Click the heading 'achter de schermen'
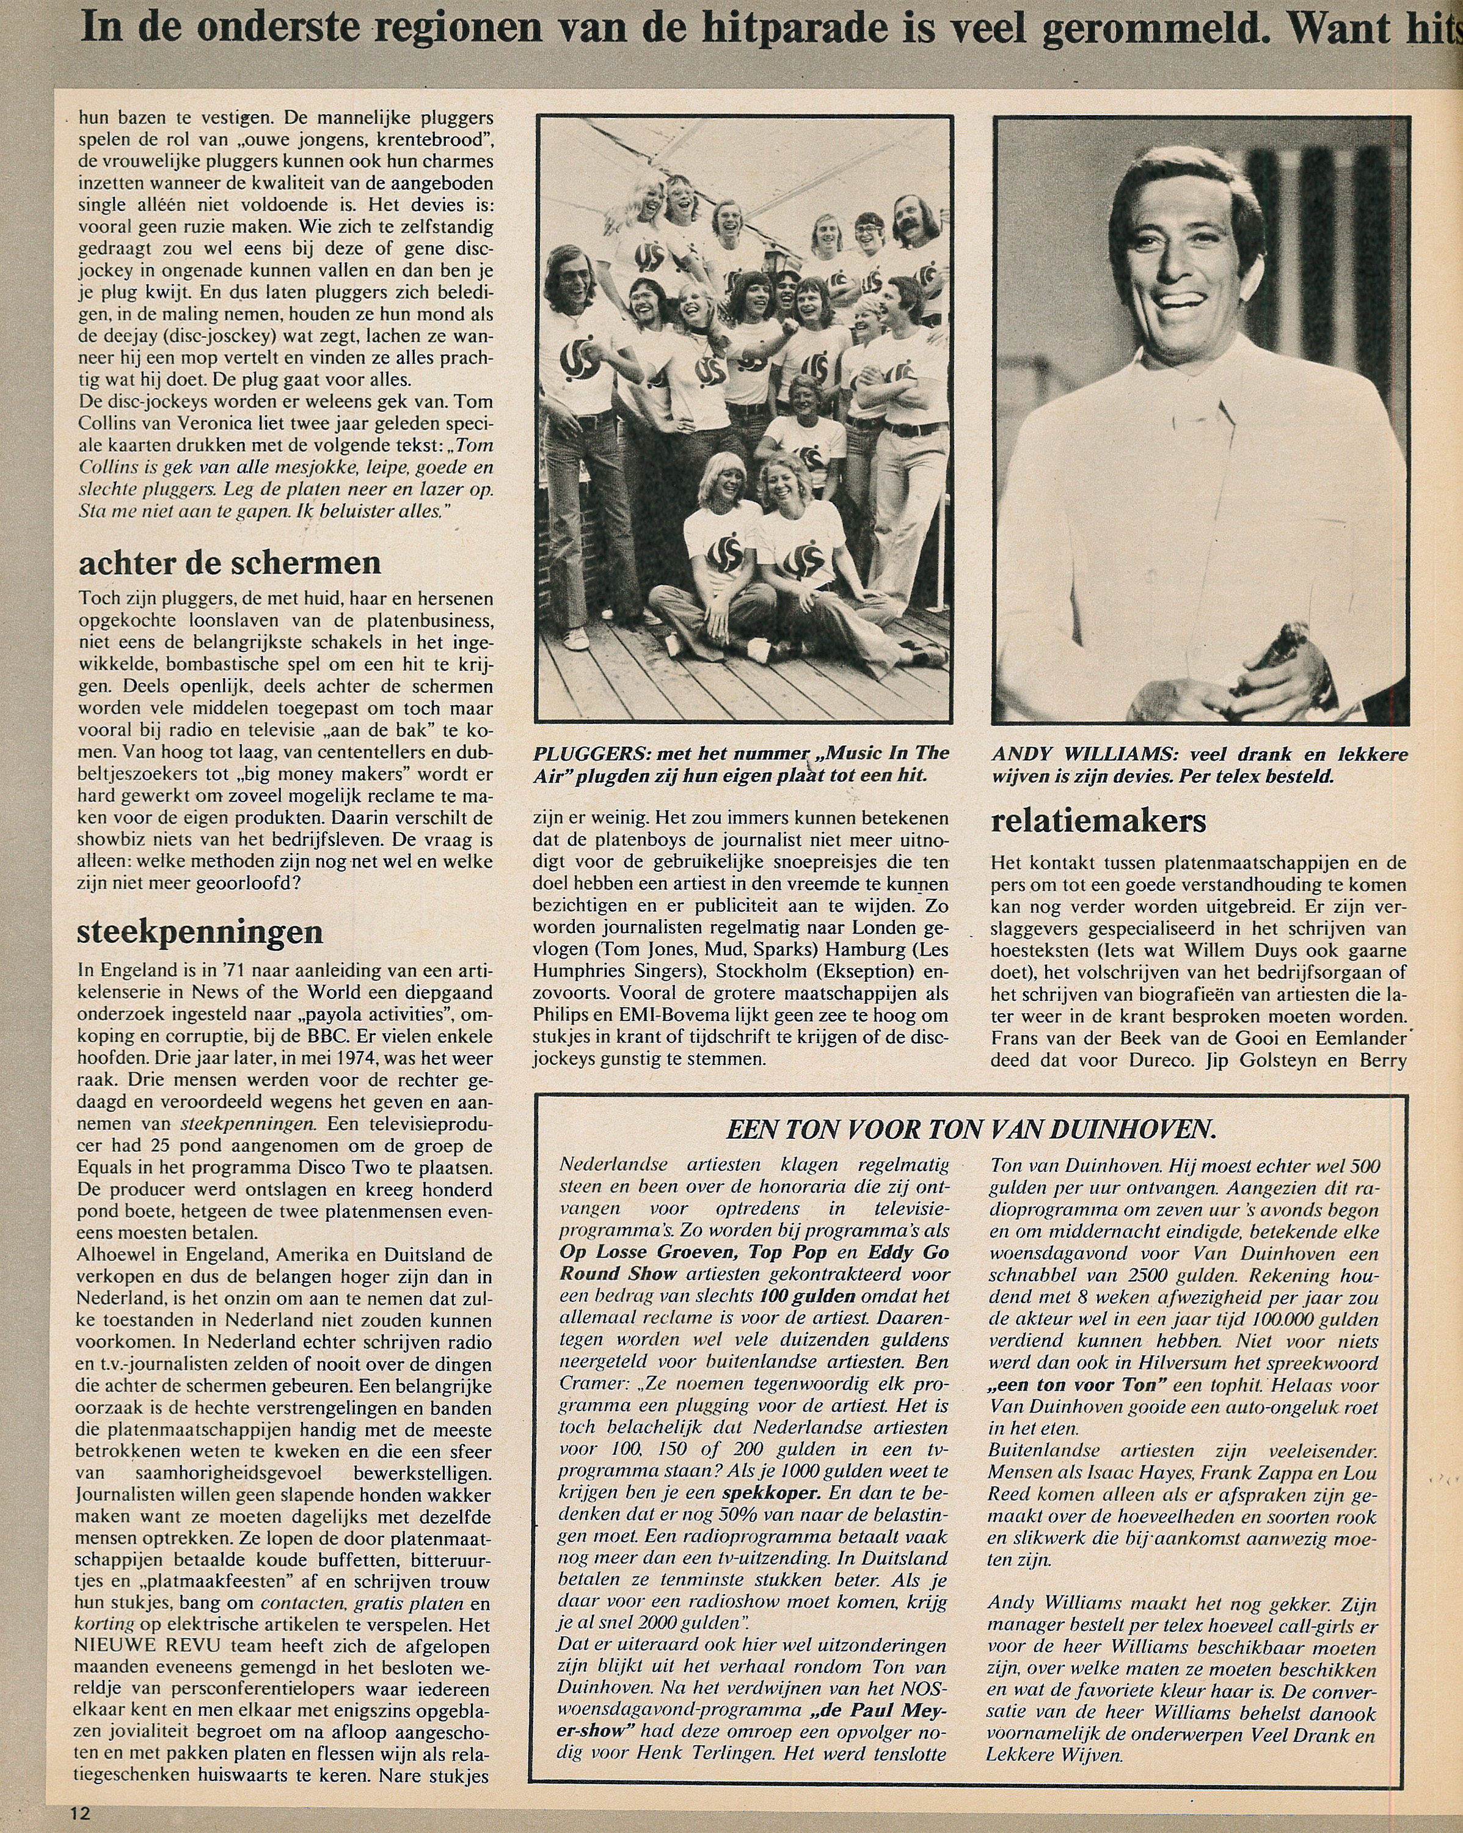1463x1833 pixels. click(230, 564)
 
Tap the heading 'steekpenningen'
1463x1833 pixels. click(200, 932)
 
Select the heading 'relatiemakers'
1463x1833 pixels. click(1098, 821)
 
